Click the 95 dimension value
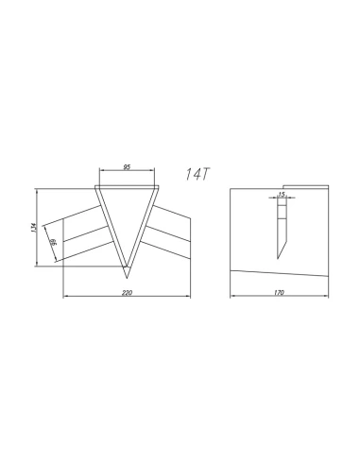point(127,167)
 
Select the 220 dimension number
point(127,293)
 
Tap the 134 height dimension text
point(34,228)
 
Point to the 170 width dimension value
point(279,292)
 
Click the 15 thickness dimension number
point(282,194)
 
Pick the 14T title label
point(197,174)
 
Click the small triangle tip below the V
point(127,272)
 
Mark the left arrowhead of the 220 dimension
point(66,296)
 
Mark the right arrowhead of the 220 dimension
point(188,296)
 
